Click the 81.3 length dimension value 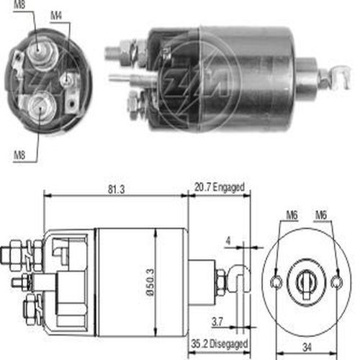(116, 189)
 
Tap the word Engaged (229, 187)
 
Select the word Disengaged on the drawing (228, 344)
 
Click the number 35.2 (199, 344)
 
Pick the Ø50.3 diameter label (150, 282)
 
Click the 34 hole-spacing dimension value (307, 347)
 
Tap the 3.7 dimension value (217, 322)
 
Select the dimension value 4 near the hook (228, 240)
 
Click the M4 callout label (56, 16)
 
